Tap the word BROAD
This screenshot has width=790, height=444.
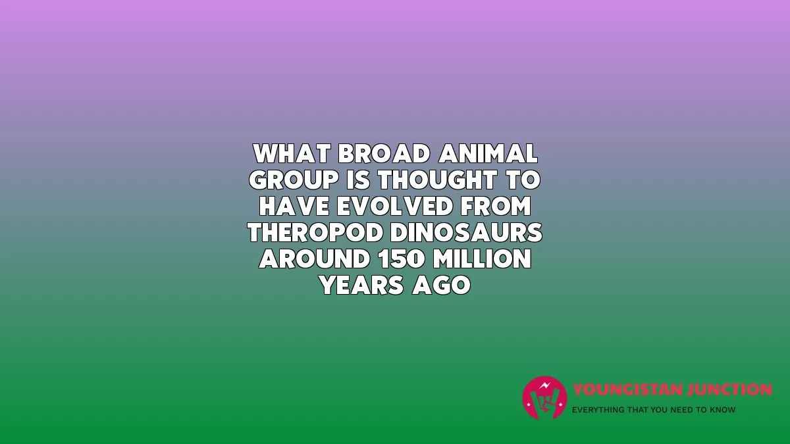coord(384,154)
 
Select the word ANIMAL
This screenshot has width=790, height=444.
coord(488,154)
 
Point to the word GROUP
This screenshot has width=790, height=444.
coord(294,180)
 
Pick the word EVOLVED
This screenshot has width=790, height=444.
coord(394,206)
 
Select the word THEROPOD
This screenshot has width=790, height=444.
coord(315,233)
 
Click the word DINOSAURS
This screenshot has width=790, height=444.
coord(466,233)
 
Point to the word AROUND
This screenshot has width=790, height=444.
coord(314,259)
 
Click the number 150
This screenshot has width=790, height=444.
coord(401,259)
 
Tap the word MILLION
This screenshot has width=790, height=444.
coord(482,259)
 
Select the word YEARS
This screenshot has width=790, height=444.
coord(361,285)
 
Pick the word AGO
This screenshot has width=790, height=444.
coord(441,285)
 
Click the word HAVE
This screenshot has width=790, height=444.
coord(294,206)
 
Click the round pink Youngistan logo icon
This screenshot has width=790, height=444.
coord(544,398)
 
